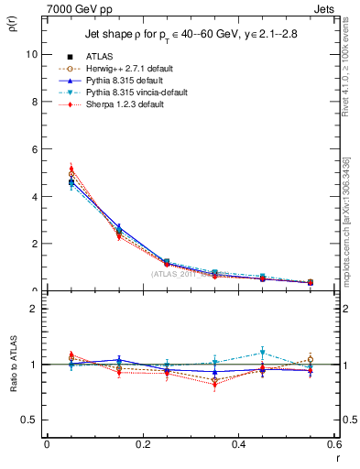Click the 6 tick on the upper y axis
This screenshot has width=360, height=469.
pos(34,149)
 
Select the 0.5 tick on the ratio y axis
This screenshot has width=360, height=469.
pos(30,420)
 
